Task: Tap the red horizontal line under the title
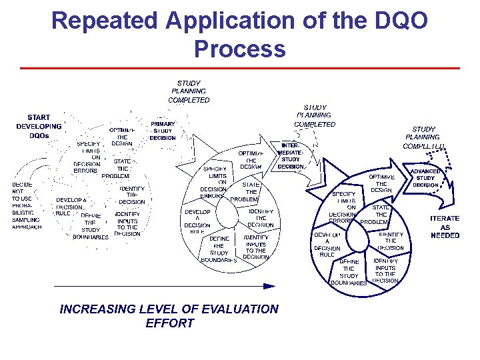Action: tap(240, 68)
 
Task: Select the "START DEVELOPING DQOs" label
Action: tap(39, 126)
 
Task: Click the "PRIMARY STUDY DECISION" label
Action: tap(163, 131)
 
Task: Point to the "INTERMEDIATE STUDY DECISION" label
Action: tap(291, 155)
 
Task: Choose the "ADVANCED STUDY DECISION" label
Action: tap(425, 178)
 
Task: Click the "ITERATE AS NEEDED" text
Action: tap(445, 227)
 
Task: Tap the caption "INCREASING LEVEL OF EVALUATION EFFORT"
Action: tap(169, 316)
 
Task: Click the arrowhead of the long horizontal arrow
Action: tap(269, 286)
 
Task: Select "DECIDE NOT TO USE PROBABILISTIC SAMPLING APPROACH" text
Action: tap(26, 206)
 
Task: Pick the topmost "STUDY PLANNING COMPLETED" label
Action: tap(189, 92)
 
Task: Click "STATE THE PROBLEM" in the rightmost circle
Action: tap(380, 215)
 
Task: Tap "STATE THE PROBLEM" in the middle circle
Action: tap(249, 191)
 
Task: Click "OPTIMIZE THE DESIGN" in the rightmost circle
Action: tap(381, 183)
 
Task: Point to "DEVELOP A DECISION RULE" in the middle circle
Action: tap(198, 222)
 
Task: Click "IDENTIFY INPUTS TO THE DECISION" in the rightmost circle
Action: tap(385, 270)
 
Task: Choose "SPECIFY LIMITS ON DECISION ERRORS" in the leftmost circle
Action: tap(87, 157)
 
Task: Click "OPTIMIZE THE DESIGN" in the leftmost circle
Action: tap(122, 136)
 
